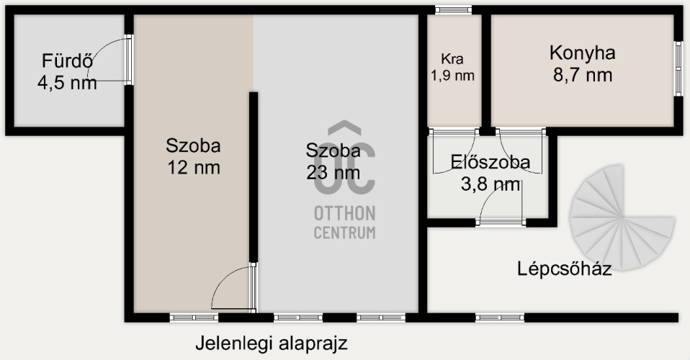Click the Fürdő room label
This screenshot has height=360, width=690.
[67, 60]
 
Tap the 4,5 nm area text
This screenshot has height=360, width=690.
[67, 82]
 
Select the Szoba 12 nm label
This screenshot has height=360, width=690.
[193, 157]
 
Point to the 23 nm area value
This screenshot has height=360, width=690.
[333, 173]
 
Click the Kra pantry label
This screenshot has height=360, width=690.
[452, 58]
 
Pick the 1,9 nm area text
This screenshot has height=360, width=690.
[452, 76]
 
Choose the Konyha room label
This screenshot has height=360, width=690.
[582, 53]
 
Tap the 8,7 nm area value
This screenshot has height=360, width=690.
[583, 75]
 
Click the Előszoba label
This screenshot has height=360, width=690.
[490, 162]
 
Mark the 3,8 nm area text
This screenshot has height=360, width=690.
[490, 184]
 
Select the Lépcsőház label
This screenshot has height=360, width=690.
[564, 268]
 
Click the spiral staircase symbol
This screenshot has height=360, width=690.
[622, 217]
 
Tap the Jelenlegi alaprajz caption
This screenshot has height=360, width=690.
[271, 343]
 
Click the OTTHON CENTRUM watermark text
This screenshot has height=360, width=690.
[344, 222]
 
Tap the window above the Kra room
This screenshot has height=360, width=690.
[453, 9]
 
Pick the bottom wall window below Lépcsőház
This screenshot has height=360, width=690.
[500, 318]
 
